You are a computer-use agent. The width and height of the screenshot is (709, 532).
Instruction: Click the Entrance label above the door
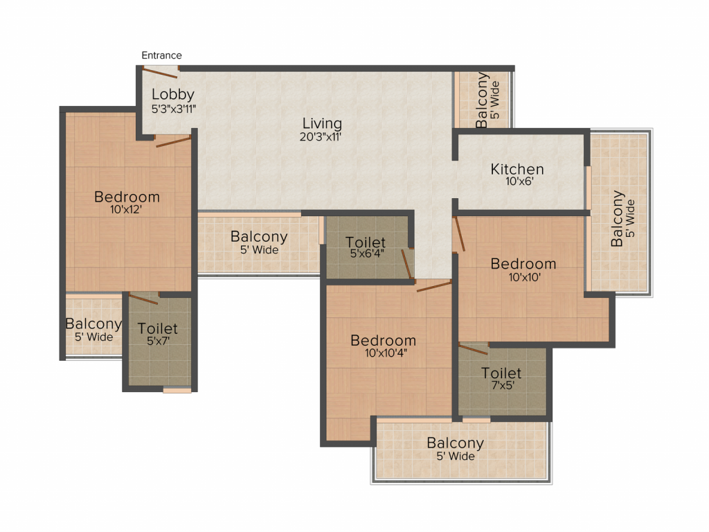click(161, 55)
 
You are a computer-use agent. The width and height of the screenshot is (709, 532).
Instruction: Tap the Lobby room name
click(172, 94)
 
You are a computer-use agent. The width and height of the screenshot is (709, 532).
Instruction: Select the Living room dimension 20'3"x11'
click(320, 136)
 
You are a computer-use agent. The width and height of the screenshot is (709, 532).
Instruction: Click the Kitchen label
click(517, 169)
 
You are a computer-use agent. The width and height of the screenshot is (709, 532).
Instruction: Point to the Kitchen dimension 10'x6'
click(519, 181)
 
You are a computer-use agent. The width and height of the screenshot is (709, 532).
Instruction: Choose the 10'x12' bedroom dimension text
click(126, 209)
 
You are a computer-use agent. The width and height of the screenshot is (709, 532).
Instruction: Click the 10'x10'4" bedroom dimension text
click(386, 353)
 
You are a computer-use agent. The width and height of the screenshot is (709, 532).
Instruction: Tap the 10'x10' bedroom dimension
click(525, 277)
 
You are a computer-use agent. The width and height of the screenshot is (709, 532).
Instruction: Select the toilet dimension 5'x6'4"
click(367, 254)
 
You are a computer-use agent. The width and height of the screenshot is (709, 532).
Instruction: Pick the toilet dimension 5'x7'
click(158, 341)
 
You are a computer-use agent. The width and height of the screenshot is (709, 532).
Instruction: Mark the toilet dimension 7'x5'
click(503, 385)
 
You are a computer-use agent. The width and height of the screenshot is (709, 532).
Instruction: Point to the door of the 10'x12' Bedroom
click(173, 141)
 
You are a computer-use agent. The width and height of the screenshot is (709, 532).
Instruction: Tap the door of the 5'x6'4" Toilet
click(407, 263)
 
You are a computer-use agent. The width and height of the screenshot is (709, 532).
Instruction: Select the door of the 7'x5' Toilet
click(474, 349)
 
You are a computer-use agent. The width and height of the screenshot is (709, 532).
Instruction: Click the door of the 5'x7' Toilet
click(143, 299)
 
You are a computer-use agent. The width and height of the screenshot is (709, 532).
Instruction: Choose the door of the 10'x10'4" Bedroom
click(434, 286)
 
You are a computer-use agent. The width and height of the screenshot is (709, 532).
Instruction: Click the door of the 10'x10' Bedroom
click(460, 234)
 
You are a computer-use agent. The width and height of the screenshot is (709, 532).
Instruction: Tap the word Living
click(322, 123)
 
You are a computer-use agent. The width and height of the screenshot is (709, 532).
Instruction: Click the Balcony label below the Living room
click(259, 237)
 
